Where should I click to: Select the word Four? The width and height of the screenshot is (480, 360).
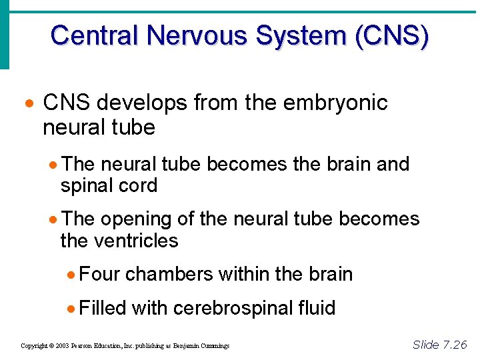click(99, 274)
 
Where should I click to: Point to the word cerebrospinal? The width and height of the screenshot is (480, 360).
click(227, 308)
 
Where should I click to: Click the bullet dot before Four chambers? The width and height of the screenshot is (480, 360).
click(71, 275)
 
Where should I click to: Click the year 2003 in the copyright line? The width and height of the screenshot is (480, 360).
click(62, 346)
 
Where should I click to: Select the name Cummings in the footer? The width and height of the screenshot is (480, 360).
click(213, 346)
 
